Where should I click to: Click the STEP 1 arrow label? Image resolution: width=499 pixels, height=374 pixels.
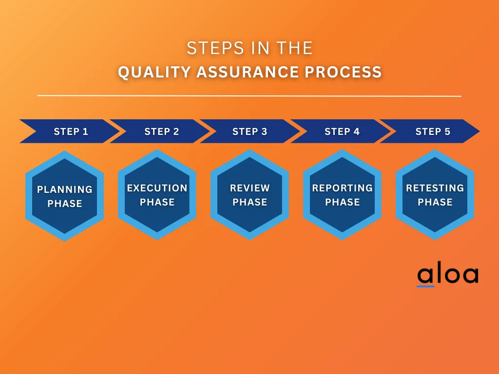[71, 131]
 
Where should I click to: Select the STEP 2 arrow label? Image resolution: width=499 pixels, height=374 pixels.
[162, 131]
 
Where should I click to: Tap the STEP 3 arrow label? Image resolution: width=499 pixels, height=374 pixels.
[250, 131]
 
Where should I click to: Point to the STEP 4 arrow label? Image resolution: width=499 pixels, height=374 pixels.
[342, 131]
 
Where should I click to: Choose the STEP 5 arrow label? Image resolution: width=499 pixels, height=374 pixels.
[433, 131]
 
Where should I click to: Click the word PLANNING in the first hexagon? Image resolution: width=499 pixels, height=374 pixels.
[65, 189]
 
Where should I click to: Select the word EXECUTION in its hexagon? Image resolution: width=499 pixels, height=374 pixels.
[157, 188]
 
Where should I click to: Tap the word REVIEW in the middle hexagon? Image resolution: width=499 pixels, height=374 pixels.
[250, 188]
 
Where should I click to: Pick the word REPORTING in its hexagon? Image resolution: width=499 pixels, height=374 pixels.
[343, 188]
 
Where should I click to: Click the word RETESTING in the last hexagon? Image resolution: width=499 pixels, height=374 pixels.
[435, 188]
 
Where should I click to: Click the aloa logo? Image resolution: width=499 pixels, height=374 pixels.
[448, 274]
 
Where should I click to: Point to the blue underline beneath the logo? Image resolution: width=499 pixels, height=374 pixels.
[425, 286]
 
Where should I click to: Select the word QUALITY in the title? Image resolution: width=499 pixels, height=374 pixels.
[154, 72]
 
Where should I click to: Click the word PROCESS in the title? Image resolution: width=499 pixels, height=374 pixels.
[343, 72]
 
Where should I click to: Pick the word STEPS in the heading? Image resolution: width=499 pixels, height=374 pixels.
[215, 48]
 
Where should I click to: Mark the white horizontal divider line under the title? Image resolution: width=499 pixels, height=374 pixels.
[249, 95]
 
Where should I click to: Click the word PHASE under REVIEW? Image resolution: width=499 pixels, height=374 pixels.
[250, 202]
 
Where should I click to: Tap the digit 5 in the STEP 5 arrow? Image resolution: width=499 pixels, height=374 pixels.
[447, 131]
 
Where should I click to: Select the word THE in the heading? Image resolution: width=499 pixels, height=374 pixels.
[294, 48]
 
